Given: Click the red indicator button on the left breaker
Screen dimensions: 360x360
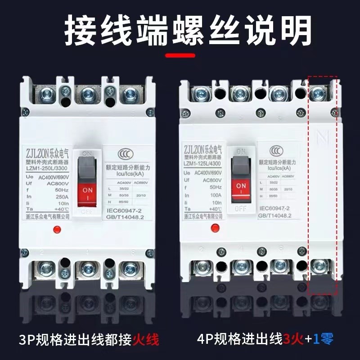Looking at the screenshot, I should pos(57,230).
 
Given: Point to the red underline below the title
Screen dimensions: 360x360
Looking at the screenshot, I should pos(180,56).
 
